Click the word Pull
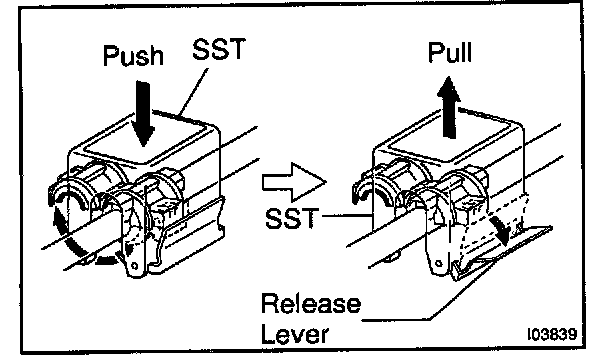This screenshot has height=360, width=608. point(450,52)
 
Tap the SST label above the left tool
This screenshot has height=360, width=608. point(219,48)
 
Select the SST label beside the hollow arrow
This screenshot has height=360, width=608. point(292,218)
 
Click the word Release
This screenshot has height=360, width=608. point(311,304)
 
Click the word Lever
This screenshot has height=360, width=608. point(295,333)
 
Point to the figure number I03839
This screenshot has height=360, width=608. point(552,334)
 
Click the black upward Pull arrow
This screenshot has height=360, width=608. point(449,107)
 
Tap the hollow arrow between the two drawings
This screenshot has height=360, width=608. point(294,182)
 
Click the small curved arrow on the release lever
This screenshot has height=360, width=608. point(499,230)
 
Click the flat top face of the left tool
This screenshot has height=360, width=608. point(144,140)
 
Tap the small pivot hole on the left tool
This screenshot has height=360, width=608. point(134,266)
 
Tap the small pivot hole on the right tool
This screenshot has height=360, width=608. point(439,263)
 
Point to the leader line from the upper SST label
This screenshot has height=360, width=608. point(193,92)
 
